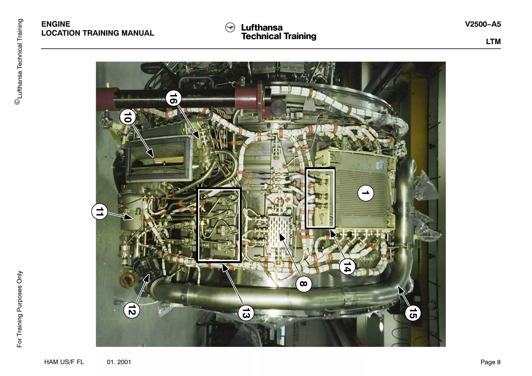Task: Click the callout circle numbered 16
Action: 173,98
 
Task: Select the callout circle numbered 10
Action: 128,117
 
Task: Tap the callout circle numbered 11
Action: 99,212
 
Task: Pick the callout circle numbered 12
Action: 132,310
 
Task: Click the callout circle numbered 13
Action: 246,313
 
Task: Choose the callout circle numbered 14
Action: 347,267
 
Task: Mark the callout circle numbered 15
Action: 413,313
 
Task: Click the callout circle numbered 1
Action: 366,193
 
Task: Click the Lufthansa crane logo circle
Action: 230,28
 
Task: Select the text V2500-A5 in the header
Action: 483,24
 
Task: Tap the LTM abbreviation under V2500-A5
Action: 493,42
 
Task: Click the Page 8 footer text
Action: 490,362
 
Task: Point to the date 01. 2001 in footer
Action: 119,362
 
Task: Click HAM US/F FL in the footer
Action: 64,362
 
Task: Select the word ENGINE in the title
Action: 56,24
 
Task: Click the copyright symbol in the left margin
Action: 17,102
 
